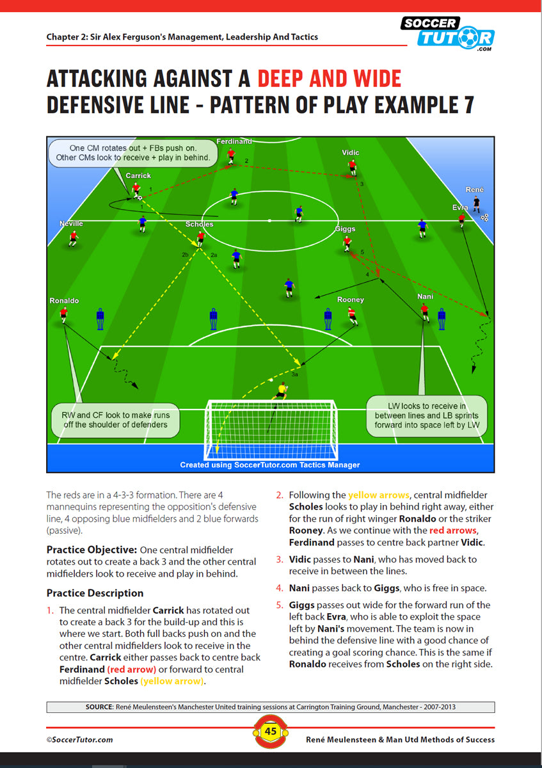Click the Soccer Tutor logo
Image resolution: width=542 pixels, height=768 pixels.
click(x=447, y=33)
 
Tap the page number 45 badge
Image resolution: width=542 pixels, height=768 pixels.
click(x=271, y=731)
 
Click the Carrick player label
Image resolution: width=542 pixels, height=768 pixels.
click(x=138, y=175)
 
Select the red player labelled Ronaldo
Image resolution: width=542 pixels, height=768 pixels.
click(x=63, y=314)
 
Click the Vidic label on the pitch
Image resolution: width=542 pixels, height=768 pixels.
click(x=351, y=152)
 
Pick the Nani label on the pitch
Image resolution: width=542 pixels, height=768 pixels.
click(x=425, y=297)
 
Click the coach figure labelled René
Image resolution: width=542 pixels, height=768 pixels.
click(x=476, y=204)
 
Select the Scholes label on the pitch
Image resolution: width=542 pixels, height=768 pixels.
click(x=199, y=225)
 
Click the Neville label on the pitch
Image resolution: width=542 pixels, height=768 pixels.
click(x=71, y=224)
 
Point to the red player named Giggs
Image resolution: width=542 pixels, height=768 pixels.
click(x=347, y=243)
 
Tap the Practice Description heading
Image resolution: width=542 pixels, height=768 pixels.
click(x=95, y=593)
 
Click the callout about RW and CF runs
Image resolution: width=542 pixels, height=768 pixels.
click(x=116, y=420)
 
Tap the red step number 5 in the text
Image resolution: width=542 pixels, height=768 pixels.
click(x=279, y=605)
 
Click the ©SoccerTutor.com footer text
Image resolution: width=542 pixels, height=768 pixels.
click(x=79, y=739)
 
